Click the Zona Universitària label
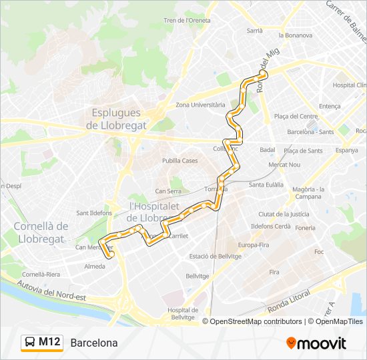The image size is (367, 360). pyautogui.click(x=200, y=105)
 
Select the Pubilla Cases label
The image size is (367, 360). pyautogui.click(x=180, y=161)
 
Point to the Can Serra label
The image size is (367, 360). pyautogui.click(x=168, y=191)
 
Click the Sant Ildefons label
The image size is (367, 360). pyautogui.click(x=93, y=213)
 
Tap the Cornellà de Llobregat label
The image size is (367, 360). pyautogui.click(x=41, y=232)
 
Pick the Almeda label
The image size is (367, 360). pyautogui.click(x=95, y=266)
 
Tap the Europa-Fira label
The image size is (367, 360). pyautogui.click(x=253, y=245)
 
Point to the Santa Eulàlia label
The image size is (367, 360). pyautogui.click(x=266, y=185)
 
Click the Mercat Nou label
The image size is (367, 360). pyautogui.click(x=284, y=165)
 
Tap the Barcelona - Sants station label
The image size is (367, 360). pyautogui.click(x=310, y=132)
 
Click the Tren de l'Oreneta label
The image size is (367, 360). pyautogui.click(x=187, y=21)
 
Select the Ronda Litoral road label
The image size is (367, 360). pyautogui.click(x=290, y=306)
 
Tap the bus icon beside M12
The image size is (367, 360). pyautogui.click(x=29, y=343)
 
